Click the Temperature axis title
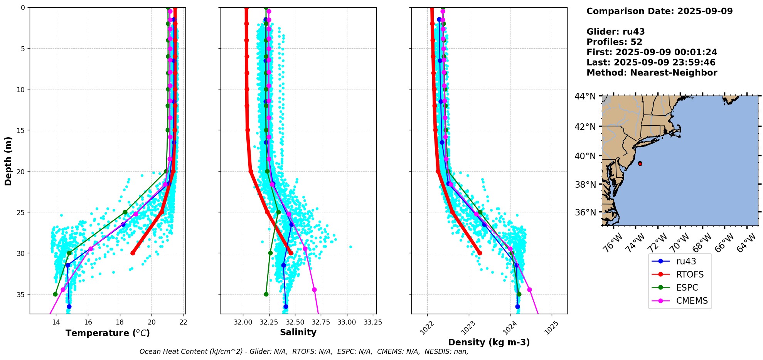click(108, 333)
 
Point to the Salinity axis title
click(298, 332)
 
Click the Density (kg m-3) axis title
click(489, 342)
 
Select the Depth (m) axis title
click(8, 161)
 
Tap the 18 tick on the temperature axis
click(120, 322)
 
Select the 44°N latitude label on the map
click(585, 96)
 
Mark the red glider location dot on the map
click(640, 164)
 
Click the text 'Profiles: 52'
click(614, 42)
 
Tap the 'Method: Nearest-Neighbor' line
click(652, 73)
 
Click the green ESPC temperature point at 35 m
click(55, 294)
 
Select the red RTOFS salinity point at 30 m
click(291, 253)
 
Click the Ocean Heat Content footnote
click(304, 352)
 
